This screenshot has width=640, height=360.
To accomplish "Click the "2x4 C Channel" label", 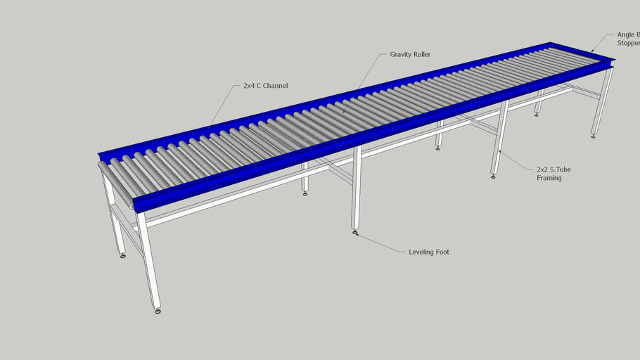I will (x=265, y=86).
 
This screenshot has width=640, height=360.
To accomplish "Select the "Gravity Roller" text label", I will (x=410, y=54).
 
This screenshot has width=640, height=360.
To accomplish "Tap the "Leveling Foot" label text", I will (x=428, y=252).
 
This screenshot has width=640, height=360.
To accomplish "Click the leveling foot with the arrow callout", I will (x=355, y=233).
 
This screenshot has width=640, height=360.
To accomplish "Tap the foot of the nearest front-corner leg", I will (x=158, y=310).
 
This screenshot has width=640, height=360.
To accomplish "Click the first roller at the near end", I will (x=116, y=180).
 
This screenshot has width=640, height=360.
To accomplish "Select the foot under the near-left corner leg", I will (x=123, y=256).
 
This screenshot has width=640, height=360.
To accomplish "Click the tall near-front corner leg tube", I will (x=148, y=260).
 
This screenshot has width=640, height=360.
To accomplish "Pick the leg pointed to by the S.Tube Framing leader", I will (x=499, y=137).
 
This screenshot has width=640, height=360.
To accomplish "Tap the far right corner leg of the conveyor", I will (x=602, y=102).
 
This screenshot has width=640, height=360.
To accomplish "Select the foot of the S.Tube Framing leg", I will (x=493, y=176).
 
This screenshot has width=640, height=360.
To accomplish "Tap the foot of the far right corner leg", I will (x=593, y=136).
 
